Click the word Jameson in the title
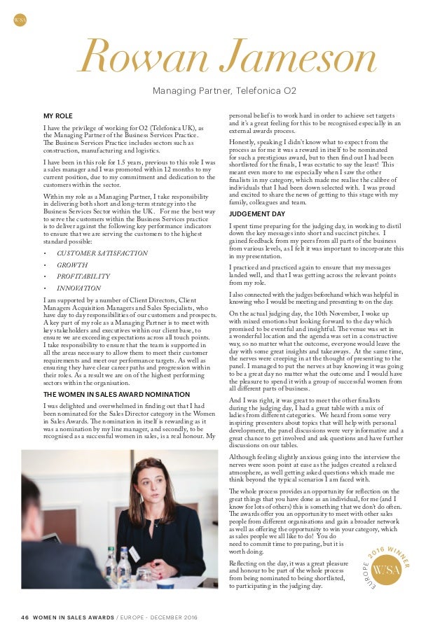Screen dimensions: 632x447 coord(289,59)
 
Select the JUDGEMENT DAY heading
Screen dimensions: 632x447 coord(257,213)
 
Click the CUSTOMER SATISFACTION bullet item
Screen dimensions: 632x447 coord(102,253)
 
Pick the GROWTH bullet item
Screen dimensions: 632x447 coord(72,265)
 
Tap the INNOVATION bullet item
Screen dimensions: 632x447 coord(78,288)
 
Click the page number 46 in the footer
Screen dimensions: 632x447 coord(25,617)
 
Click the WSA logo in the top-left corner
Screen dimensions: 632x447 coord(20,20)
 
